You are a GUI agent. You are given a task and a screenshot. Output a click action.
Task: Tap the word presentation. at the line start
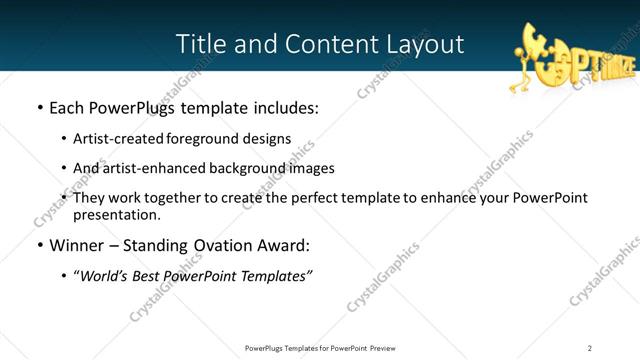coord(116,214)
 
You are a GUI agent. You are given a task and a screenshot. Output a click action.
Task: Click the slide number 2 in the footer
coord(589,348)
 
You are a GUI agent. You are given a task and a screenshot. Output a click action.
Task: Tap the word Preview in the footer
coord(388,348)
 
